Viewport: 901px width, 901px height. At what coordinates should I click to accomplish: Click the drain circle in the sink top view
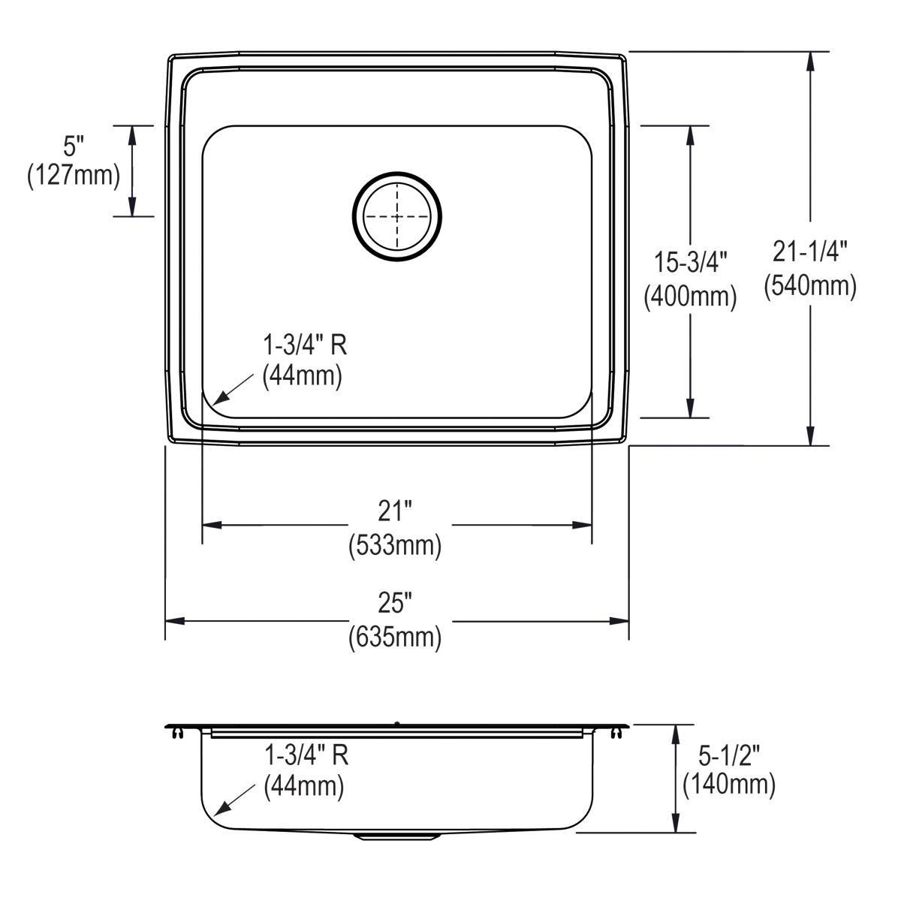[x=397, y=216]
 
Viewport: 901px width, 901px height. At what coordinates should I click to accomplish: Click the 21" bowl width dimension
[x=396, y=511]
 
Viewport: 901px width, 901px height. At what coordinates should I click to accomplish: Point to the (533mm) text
[x=395, y=546]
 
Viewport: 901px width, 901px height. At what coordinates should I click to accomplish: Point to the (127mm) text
[x=74, y=176]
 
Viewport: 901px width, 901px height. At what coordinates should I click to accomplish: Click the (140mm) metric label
[x=729, y=785]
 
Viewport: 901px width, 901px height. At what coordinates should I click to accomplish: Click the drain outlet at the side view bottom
[x=397, y=835]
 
